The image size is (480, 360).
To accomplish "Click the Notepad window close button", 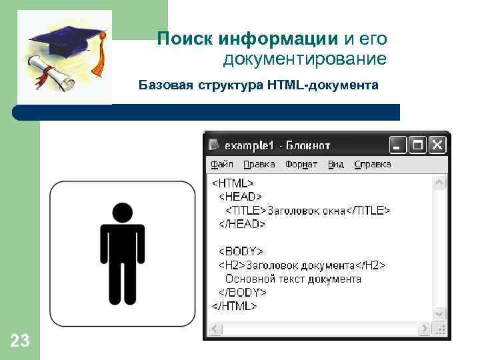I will click(x=437, y=145).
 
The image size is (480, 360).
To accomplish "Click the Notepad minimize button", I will click(x=398, y=145).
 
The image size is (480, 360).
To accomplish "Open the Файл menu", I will click(x=222, y=164).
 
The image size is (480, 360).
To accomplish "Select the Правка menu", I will click(x=259, y=164).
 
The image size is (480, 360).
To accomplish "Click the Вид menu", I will click(x=336, y=164).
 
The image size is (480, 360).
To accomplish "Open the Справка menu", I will click(x=373, y=164).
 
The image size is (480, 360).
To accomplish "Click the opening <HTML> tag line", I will click(x=233, y=182).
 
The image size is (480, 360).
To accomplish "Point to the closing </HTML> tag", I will click(x=235, y=306).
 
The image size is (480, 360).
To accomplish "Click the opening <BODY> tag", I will click(x=242, y=251).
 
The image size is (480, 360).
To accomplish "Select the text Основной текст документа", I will click(x=293, y=279).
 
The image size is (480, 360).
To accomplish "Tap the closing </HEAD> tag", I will click(x=243, y=224).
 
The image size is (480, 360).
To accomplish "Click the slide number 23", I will click(x=20, y=342).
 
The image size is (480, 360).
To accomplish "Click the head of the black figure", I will click(x=122, y=213).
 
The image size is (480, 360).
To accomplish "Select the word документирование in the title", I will click(x=305, y=59).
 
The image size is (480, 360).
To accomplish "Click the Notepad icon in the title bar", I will click(x=214, y=145).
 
